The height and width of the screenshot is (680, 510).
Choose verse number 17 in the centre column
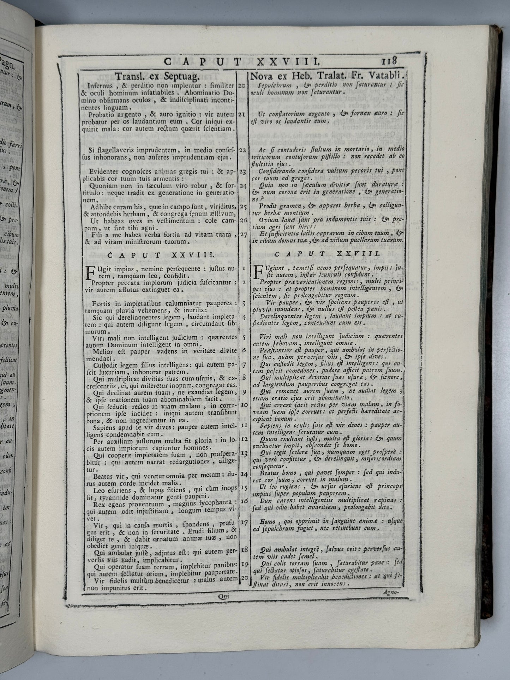(x=244, y=523)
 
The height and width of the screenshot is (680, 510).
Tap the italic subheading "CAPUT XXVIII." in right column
(x=326, y=253)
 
